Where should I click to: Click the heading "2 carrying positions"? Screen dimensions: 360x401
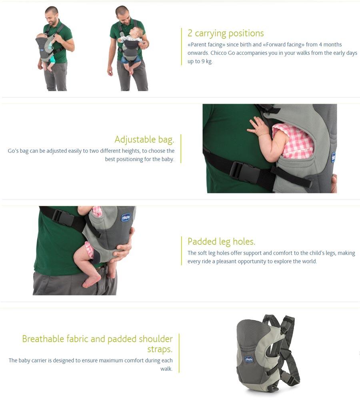(226, 34)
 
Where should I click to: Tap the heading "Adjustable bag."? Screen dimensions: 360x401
(144, 140)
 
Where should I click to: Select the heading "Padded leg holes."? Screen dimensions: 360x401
(221, 241)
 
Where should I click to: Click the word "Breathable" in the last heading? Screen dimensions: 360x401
(43, 339)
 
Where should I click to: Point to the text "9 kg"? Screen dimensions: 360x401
(207, 62)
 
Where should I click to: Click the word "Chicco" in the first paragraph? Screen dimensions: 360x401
(218, 53)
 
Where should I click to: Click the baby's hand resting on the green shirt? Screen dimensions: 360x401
(257, 127)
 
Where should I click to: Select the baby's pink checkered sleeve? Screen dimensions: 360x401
(292, 140)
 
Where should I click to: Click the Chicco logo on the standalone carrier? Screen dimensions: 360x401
(249, 359)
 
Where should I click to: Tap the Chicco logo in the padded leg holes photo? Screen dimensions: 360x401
(126, 217)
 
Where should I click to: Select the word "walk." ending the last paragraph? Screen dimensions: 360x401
(166, 369)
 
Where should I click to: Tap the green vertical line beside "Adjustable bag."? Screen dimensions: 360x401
(181, 149)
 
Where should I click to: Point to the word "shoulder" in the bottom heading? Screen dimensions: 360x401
(156, 339)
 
